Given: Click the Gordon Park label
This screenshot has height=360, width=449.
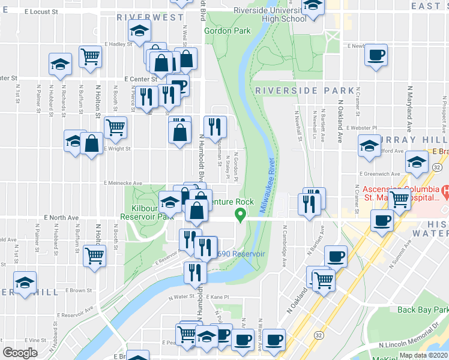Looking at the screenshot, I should click(227, 31).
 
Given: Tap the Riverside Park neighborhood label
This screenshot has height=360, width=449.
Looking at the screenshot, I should click(304, 91).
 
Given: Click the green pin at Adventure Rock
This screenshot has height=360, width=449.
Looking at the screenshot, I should click(241, 214).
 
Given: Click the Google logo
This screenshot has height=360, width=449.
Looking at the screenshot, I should click(20, 353).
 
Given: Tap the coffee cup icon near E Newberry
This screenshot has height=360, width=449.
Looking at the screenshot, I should click(376, 56).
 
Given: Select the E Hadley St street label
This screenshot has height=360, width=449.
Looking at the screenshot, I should click(118, 44).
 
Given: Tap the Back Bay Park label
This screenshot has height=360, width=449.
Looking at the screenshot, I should click(423, 310).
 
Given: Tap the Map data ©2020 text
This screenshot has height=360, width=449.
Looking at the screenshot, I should click(423, 355).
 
